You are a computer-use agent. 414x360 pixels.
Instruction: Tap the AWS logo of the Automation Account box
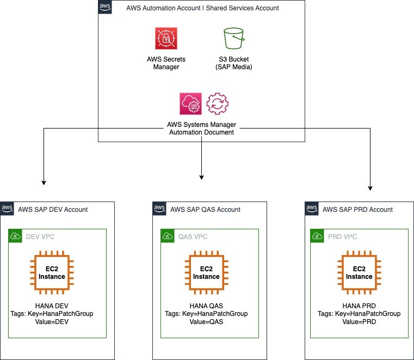(105, 7)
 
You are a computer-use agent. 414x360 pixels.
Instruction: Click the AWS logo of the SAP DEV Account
(7, 209)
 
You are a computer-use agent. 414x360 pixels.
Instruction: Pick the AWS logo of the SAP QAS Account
(159, 209)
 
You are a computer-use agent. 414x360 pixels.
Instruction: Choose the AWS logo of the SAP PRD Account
(312, 209)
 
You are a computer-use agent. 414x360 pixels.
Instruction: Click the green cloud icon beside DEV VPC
(15, 236)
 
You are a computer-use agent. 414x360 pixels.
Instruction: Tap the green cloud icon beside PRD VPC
(317, 236)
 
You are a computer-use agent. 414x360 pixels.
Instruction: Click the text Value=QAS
(206, 321)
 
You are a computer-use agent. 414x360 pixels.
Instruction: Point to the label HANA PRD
(359, 306)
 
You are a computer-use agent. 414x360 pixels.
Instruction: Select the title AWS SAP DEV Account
(53, 209)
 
